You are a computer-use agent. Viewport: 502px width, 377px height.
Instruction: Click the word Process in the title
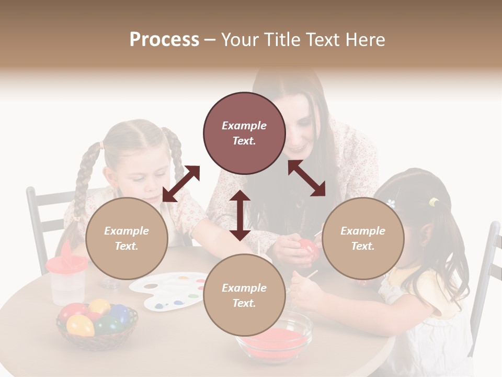point(164,40)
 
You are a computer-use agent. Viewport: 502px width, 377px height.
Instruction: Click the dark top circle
point(244,133)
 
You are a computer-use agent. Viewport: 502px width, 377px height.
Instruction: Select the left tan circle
point(127,238)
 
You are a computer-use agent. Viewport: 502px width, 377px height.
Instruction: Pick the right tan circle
point(362,238)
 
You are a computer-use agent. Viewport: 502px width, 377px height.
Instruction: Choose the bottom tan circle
point(244,295)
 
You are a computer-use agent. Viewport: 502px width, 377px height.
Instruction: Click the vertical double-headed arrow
point(240,215)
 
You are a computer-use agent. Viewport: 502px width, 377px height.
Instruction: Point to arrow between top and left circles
point(181,184)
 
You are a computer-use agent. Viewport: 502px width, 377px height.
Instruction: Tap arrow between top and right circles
point(306,178)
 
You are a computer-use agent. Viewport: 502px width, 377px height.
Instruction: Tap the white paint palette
point(167,291)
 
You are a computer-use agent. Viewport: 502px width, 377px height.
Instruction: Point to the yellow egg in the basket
point(80,325)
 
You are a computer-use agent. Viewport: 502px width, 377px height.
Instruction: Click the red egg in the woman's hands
point(306,248)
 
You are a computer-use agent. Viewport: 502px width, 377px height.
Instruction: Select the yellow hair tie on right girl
point(433,202)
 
